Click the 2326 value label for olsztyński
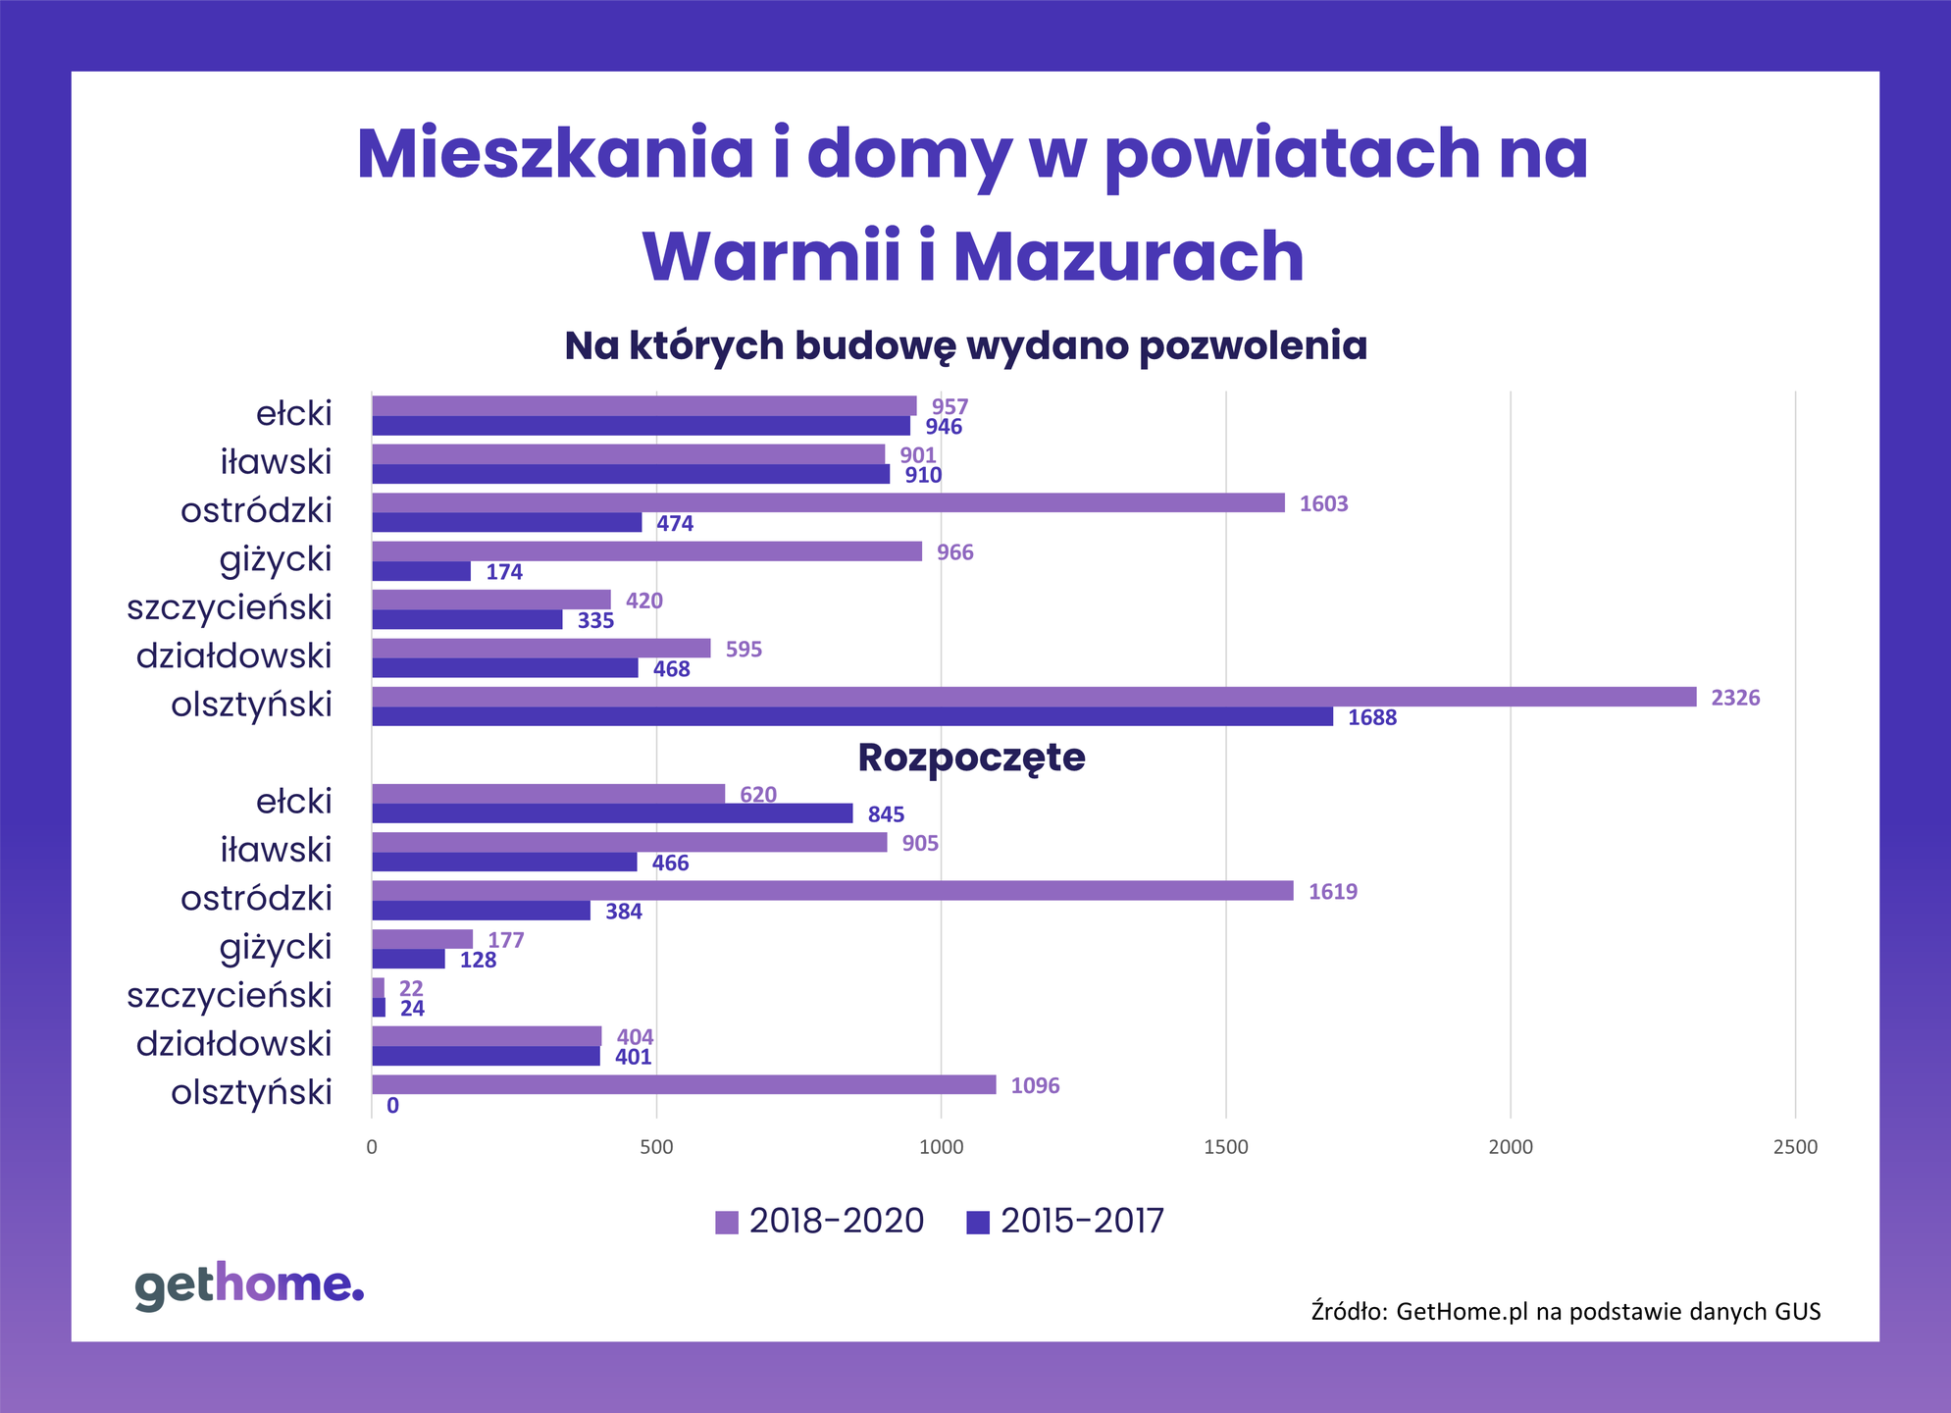click(x=1734, y=698)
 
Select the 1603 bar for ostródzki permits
click(x=828, y=502)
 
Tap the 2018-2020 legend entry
click(x=820, y=1221)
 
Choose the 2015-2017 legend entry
click(x=1065, y=1221)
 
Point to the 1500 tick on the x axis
click(x=1225, y=1147)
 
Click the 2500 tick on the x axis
click(x=1795, y=1147)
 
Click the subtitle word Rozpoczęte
click(x=971, y=758)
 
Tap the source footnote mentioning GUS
click(x=1566, y=1311)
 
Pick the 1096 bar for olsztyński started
click(x=684, y=1084)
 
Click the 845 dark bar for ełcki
click(x=612, y=813)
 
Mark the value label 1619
click(x=1332, y=892)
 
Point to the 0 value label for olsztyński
click(x=392, y=1106)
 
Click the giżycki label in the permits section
click(x=276, y=559)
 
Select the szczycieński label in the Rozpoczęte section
click(x=230, y=995)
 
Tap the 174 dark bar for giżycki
click(x=421, y=571)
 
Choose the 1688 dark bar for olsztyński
click(x=851, y=716)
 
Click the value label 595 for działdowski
click(x=743, y=650)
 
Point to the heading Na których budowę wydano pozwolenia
click(x=965, y=345)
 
